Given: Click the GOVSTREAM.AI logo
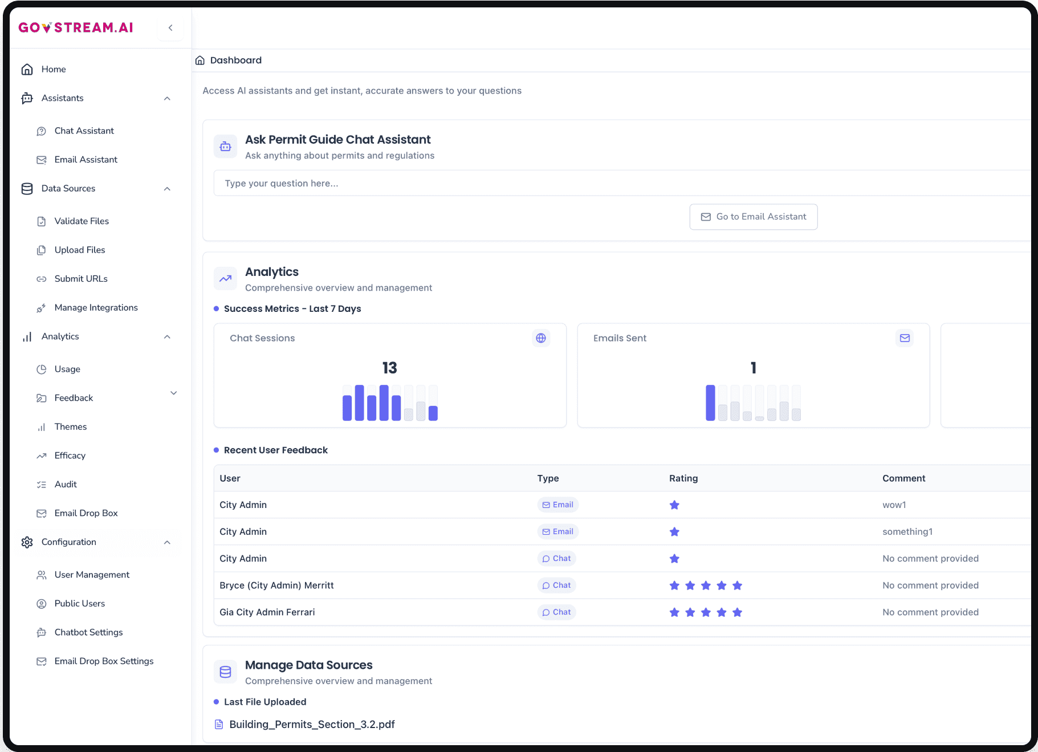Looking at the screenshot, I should click(76, 27).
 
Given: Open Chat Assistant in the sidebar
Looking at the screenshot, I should click(84, 131).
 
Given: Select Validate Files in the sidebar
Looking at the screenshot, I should click(81, 221).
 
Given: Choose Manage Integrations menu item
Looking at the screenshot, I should click(96, 307).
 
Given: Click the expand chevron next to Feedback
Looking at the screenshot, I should click(174, 393).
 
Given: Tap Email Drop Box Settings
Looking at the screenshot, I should click(104, 661).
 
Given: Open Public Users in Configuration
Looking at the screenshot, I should click(79, 603).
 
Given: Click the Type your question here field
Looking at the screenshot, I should click(570, 183).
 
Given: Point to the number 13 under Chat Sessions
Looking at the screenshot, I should click(389, 368).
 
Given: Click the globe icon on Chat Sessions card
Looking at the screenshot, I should click(541, 338).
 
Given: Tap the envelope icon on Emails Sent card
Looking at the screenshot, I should click(905, 338).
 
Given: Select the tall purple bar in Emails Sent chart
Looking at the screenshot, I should click(710, 403).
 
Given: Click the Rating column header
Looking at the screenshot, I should click(683, 478).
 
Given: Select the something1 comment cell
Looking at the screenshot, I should click(907, 531).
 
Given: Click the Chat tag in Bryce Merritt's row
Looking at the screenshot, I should click(556, 585).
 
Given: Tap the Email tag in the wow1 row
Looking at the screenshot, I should click(557, 505).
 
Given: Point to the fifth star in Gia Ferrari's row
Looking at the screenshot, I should click(737, 612).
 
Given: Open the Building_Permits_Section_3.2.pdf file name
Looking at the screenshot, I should click(312, 724).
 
